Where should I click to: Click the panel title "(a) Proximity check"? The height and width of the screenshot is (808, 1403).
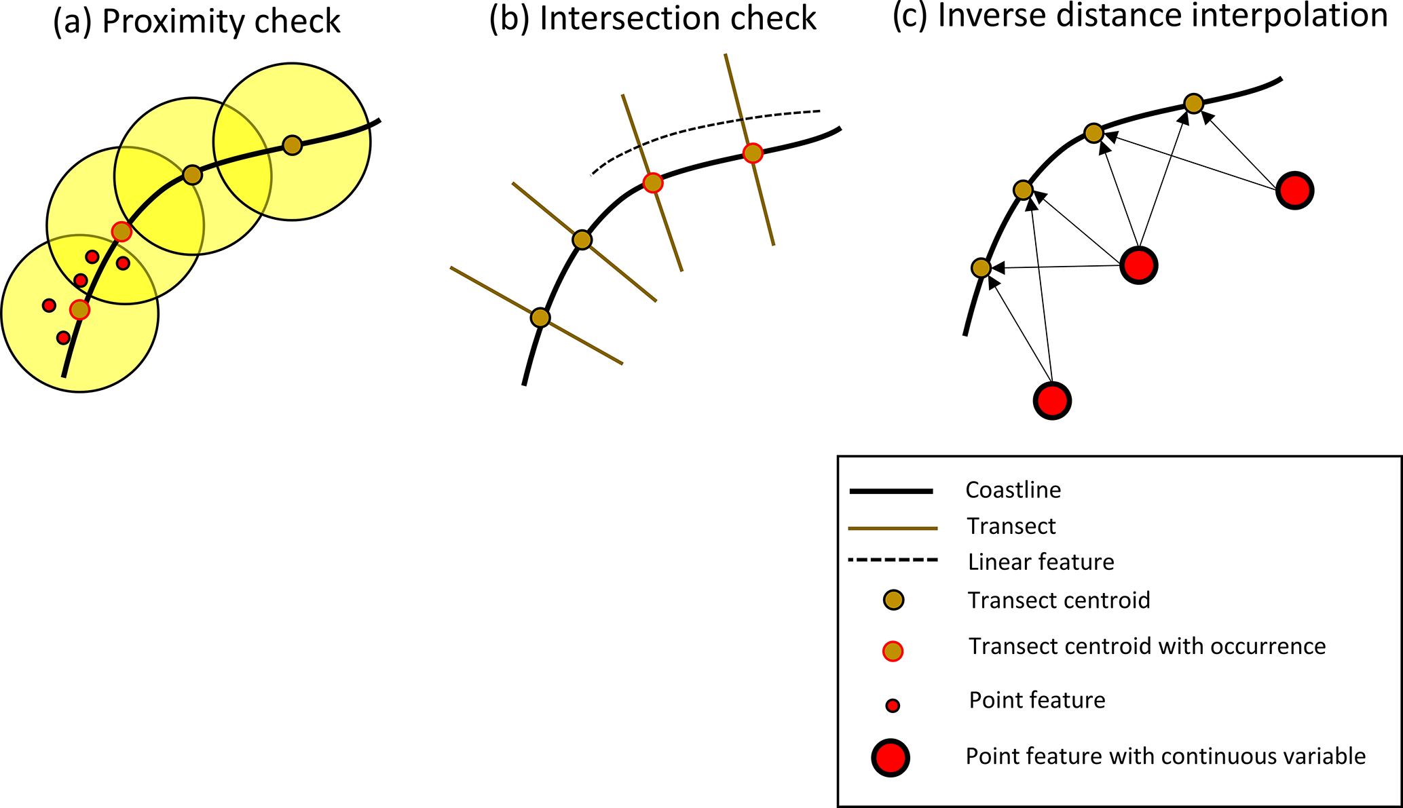(x=197, y=22)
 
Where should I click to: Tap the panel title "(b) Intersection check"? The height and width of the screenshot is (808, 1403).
(x=652, y=19)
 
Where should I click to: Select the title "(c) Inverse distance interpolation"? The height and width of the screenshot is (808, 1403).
(x=1140, y=16)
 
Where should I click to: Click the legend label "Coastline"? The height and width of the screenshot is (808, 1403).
(x=1013, y=490)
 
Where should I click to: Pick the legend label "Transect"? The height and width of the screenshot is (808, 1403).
(x=1011, y=526)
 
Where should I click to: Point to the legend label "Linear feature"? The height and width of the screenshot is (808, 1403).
(x=1041, y=562)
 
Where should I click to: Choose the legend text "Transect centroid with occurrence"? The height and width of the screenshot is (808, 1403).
(x=1146, y=647)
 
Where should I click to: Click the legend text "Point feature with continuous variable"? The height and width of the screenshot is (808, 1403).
(x=1165, y=756)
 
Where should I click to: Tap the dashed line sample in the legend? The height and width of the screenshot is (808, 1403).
(x=893, y=560)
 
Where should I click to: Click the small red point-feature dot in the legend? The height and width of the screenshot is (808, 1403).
(x=893, y=706)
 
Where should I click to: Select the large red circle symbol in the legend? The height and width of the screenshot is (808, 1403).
(x=891, y=757)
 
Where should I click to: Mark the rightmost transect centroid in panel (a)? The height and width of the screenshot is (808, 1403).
(x=292, y=145)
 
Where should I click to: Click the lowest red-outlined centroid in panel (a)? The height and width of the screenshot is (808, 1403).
(x=80, y=309)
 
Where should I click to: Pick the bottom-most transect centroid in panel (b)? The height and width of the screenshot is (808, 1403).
(x=540, y=318)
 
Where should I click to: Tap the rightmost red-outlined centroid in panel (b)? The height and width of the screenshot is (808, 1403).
(x=752, y=153)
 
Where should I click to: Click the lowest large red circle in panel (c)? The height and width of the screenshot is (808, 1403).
(x=1052, y=400)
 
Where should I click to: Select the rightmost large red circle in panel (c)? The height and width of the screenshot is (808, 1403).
(x=1295, y=191)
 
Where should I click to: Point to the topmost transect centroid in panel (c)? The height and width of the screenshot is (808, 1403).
(x=1193, y=104)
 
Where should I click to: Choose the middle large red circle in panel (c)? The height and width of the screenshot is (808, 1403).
(x=1138, y=265)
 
